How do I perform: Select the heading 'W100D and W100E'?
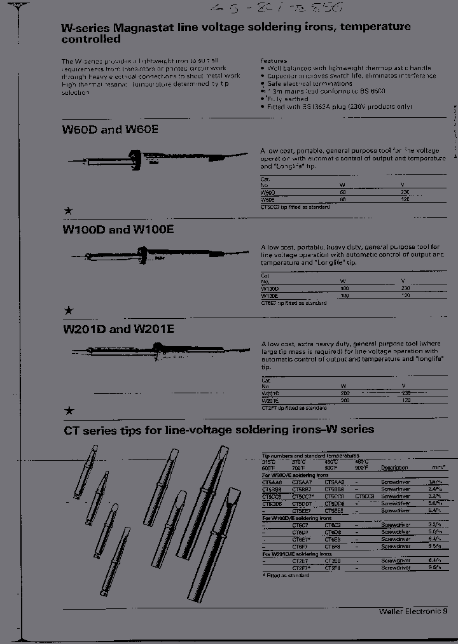tap(118, 230)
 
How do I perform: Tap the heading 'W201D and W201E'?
tap(118, 330)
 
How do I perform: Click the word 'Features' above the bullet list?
tap(274, 60)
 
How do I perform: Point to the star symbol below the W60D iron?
tap(69, 211)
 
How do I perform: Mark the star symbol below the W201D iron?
tap(69, 411)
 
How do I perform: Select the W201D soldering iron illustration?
tap(159, 349)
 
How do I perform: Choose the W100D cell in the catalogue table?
tap(270, 288)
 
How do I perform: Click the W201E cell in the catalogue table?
tap(270, 401)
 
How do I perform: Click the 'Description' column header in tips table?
tap(394, 468)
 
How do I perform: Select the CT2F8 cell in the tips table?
tap(334, 568)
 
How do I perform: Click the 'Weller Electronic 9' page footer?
tap(413, 610)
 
